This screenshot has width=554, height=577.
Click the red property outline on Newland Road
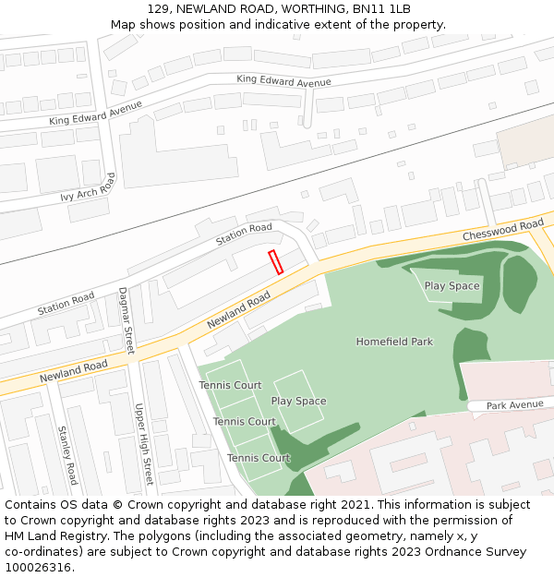pyautogui.click(x=275, y=262)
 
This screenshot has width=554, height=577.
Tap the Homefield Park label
pyautogui.click(x=394, y=342)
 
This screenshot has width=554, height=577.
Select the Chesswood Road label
pyautogui.click(x=503, y=232)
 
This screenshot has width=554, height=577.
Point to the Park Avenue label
pyautogui.click(x=515, y=405)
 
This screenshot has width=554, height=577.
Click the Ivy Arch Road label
pyautogui.click(x=88, y=188)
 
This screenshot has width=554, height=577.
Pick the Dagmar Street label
pyautogui.click(x=126, y=320)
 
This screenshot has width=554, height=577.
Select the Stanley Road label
pyautogui.click(x=67, y=455)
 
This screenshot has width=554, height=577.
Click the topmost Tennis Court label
pyautogui.click(x=230, y=385)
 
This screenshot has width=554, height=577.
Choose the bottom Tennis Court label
pyautogui.click(x=259, y=458)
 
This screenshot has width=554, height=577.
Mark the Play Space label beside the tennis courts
pyautogui.click(x=298, y=402)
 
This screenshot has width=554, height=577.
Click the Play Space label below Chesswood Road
pyautogui.click(x=452, y=286)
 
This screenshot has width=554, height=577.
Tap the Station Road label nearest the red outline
pyautogui.click(x=244, y=234)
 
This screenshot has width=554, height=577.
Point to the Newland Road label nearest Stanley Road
pyautogui.click(x=73, y=373)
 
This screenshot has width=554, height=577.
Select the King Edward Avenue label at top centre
pyautogui.click(x=283, y=81)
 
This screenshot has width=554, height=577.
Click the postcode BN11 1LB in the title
pyautogui.click(x=381, y=8)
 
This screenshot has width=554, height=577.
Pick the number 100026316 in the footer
pyautogui.click(x=37, y=568)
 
